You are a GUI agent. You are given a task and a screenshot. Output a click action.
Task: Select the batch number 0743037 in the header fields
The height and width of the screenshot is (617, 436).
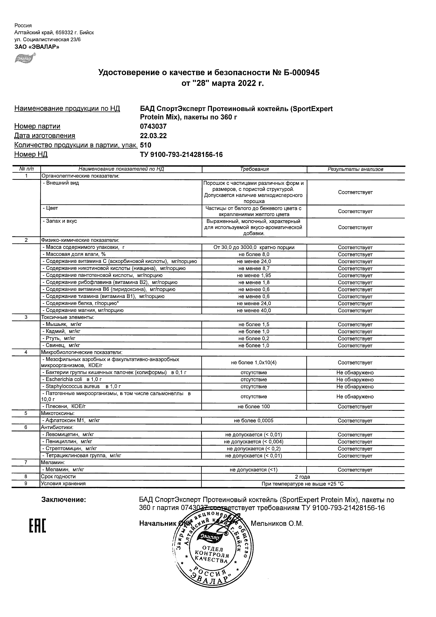(x=153, y=126)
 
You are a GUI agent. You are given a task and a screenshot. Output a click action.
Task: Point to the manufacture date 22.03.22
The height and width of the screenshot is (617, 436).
(x=153, y=136)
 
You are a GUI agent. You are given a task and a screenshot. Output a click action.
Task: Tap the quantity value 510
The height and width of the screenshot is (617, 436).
(x=146, y=145)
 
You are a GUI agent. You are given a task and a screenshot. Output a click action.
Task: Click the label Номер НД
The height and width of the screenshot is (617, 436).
(x=31, y=155)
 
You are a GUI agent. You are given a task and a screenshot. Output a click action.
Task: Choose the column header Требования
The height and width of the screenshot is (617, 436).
(x=254, y=169)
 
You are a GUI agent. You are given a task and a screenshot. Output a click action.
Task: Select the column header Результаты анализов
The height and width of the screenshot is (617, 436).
(x=355, y=169)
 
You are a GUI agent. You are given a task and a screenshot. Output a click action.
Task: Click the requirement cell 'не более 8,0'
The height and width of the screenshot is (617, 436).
(x=254, y=254)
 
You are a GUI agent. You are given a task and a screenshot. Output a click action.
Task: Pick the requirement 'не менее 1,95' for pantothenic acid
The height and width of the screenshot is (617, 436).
(x=254, y=276)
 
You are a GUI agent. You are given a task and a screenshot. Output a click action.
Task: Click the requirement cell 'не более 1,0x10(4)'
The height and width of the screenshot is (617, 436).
(x=254, y=363)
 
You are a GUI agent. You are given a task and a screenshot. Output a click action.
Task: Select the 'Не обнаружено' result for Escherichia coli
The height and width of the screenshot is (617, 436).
(x=355, y=380)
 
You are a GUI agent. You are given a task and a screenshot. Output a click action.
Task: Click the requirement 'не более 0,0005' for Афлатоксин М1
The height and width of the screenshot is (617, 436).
(x=254, y=421)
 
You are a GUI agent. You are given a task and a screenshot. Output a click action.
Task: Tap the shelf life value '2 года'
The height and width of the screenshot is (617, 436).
(x=303, y=477)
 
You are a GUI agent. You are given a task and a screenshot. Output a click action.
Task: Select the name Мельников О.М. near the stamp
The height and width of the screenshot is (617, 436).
(x=277, y=523)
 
